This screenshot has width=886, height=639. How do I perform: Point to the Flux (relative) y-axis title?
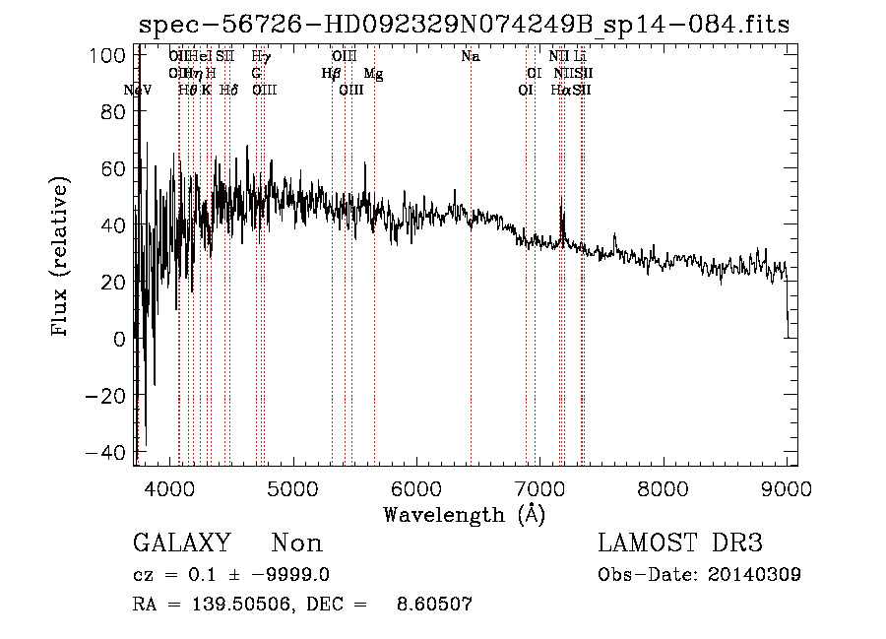click(61, 258)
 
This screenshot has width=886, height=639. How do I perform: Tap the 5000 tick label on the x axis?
click(292, 487)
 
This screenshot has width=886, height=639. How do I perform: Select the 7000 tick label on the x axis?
click(539, 487)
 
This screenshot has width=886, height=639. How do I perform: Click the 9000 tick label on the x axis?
click(786, 487)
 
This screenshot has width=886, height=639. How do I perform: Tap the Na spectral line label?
click(471, 57)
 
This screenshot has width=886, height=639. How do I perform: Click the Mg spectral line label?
click(374, 74)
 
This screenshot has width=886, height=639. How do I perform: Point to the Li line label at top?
click(580, 57)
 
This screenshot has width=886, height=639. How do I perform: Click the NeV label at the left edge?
click(139, 91)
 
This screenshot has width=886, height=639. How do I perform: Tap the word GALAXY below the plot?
click(181, 543)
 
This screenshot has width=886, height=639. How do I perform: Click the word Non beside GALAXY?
click(296, 543)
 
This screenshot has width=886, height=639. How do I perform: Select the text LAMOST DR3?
click(680, 543)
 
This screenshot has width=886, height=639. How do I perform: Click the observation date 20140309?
click(753, 575)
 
